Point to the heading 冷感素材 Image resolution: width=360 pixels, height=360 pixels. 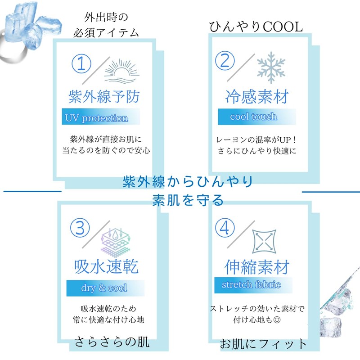[x=257, y=96]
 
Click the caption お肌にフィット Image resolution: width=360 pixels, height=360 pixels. [x=263, y=345]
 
